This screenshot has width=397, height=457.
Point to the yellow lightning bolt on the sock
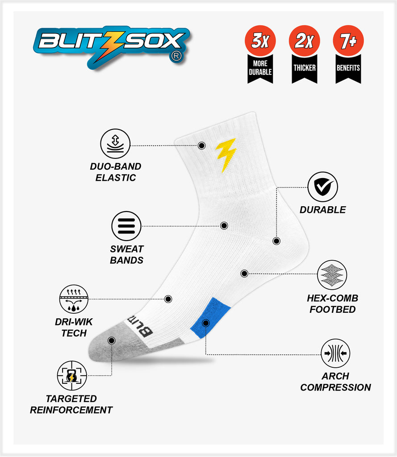[226, 154]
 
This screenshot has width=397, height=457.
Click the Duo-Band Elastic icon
[115, 144]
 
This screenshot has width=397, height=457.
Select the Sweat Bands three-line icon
[126, 226]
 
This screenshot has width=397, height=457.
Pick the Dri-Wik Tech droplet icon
[74, 299]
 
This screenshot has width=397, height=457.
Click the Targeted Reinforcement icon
[72, 376]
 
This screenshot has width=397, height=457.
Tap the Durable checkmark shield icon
[322, 187]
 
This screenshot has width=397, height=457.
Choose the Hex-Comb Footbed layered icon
[332, 275]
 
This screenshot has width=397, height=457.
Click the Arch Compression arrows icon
[335, 353]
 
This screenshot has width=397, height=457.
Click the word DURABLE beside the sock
[322, 210]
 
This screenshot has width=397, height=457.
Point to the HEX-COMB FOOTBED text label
[332, 303]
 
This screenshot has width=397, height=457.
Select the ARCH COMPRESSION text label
[335, 382]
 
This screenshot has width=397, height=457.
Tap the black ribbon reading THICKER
[305, 68]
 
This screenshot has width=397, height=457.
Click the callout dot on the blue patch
[205, 322]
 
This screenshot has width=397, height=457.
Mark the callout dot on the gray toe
[111, 340]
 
